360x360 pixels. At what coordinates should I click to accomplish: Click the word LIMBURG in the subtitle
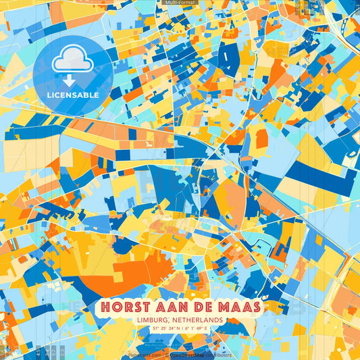pyautogui.click(x=159, y=319)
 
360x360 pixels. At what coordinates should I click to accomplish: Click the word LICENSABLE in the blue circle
pyautogui.click(x=73, y=95)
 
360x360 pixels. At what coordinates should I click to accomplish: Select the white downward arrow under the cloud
pyautogui.click(x=72, y=80)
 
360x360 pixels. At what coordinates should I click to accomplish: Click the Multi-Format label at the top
pyautogui.click(x=180, y=3)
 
